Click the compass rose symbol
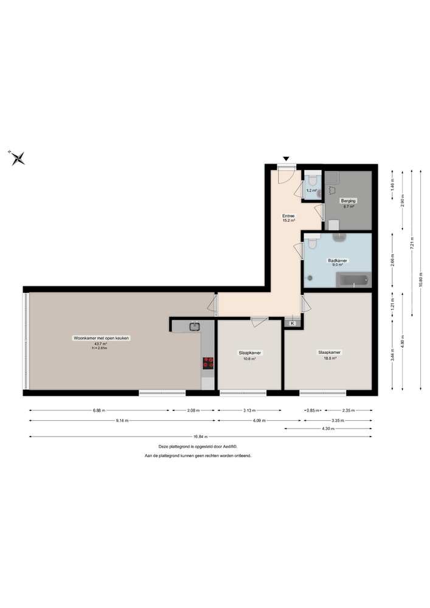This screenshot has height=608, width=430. click(x=18, y=158)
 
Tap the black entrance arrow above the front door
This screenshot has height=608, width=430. click(x=285, y=160)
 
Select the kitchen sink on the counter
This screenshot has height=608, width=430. click(x=195, y=326)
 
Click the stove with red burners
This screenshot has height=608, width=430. click(x=208, y=363)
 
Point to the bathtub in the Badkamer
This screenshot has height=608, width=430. click(x=353, y=280)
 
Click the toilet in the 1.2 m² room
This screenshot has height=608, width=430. click(x=313, y=181)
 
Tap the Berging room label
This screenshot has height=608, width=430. click(x=349, y=201)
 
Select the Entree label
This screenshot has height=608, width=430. click(x=288, y=216)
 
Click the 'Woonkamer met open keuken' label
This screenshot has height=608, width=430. click(x=102, y=337)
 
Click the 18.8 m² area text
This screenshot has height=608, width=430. click(x=329, y=358)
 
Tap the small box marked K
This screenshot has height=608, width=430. click(x=292, y=323)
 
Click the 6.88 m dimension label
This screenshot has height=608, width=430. click(x=99, y=410)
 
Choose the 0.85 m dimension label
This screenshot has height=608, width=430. click(x=311, y=410)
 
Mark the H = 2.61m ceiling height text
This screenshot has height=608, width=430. click(x=99, y=348)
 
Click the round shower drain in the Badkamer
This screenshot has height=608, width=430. click(x=310, y=278)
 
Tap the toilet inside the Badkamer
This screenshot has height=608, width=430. click(x=312, y=243)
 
